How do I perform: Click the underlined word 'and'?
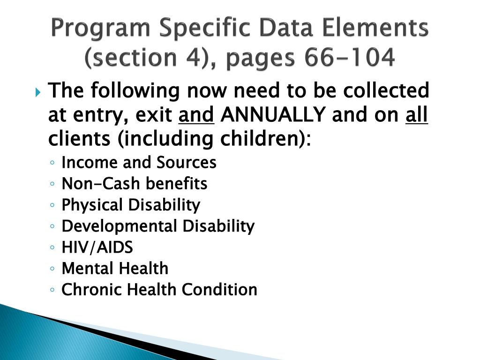coord(196,114)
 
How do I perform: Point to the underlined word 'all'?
coord(416,114)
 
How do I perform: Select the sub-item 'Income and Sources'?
coord(139,162)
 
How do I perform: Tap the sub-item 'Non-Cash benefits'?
coord(134,183)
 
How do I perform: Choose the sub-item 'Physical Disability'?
coord(131,205)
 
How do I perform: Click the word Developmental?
coord(120,226)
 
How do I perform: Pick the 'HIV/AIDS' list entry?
coord(97,247)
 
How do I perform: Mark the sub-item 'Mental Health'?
coord(115,269)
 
